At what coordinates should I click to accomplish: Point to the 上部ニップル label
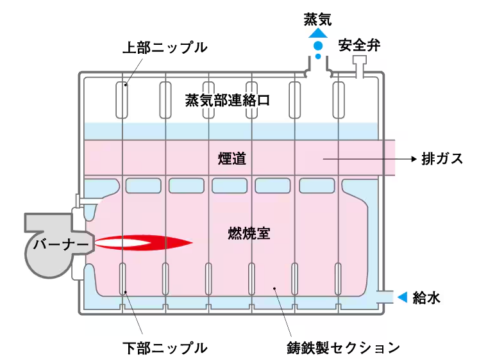(x=165, y=47)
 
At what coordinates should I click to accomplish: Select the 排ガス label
(x=442, y=158)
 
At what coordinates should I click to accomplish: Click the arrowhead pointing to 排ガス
(x=410, y=158)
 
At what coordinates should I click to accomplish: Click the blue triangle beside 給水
(x=403, y=297)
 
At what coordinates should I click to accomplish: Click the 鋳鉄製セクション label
(x=343, y=348)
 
